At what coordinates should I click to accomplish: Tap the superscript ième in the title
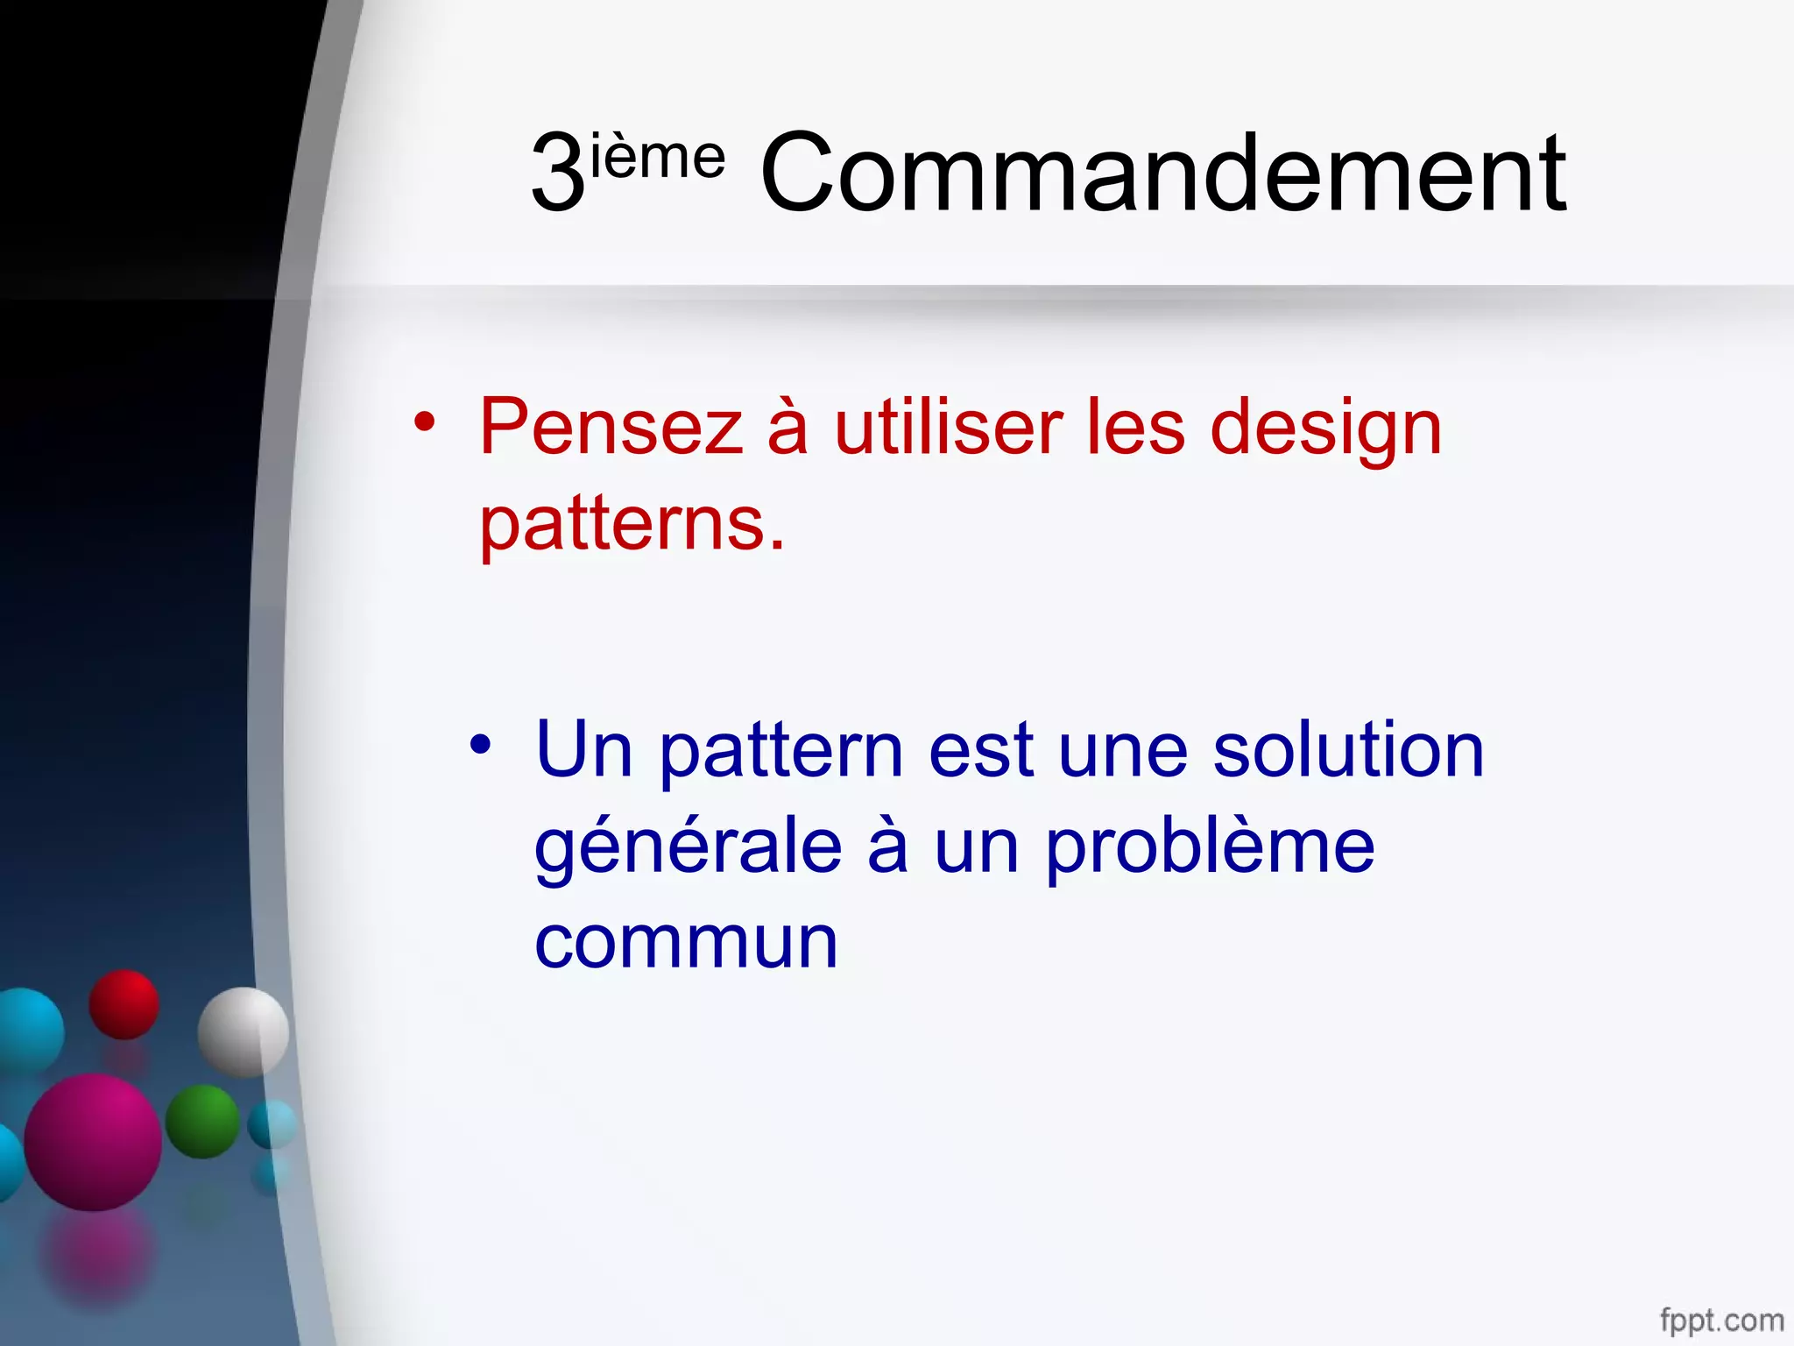point(658,159)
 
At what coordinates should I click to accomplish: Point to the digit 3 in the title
point(558,173)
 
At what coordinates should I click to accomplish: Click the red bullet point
point(425,422)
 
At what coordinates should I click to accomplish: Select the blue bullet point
point(480,745)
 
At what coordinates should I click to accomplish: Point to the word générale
point(689,848)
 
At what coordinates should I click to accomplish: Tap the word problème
point(1210,848)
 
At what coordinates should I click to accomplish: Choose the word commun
point(686,943)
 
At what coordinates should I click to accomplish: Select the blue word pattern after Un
point(780,752)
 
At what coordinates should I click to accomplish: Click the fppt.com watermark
point(1721,1319)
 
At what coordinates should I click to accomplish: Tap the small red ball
point(124,1004)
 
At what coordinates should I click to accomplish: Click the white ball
point(243,1031)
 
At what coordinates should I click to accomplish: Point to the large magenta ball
point(93,1142)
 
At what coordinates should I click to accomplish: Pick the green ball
point(202,1121)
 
